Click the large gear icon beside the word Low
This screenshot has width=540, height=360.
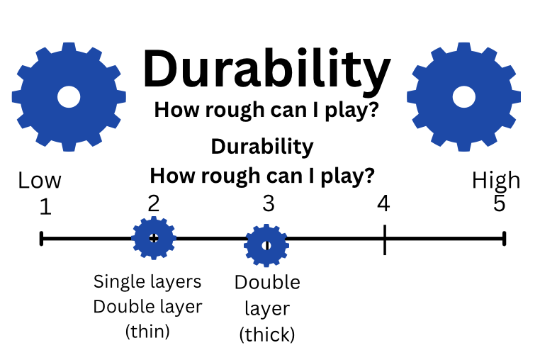pos(69,96)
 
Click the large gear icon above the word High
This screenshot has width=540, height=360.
pos(463,96)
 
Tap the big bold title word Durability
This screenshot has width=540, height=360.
pos(266,69)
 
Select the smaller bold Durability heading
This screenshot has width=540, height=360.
pos(262,147)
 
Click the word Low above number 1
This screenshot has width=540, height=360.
pos(40,181)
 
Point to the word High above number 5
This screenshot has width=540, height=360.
pos(496,181)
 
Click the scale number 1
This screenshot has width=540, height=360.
pos(46,207)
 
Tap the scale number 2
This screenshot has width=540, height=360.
pos(154,203)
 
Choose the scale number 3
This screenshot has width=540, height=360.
pos(268,204)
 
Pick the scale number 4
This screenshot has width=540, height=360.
pos(383,204)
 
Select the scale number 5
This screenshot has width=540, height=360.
pos(500,205)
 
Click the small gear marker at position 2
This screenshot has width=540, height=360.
pos(154,238)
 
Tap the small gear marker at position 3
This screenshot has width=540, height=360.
pos(266,245)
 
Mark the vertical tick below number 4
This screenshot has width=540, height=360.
pos(384,240)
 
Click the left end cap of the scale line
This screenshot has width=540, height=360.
pos(42,239)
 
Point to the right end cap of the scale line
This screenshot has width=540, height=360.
pos(504,239)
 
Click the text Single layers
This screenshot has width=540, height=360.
pos(147,282)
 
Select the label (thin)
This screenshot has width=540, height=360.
pos(147,332)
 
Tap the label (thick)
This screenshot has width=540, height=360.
pos(267,334)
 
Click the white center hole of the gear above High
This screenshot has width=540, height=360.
pos(463,97)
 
